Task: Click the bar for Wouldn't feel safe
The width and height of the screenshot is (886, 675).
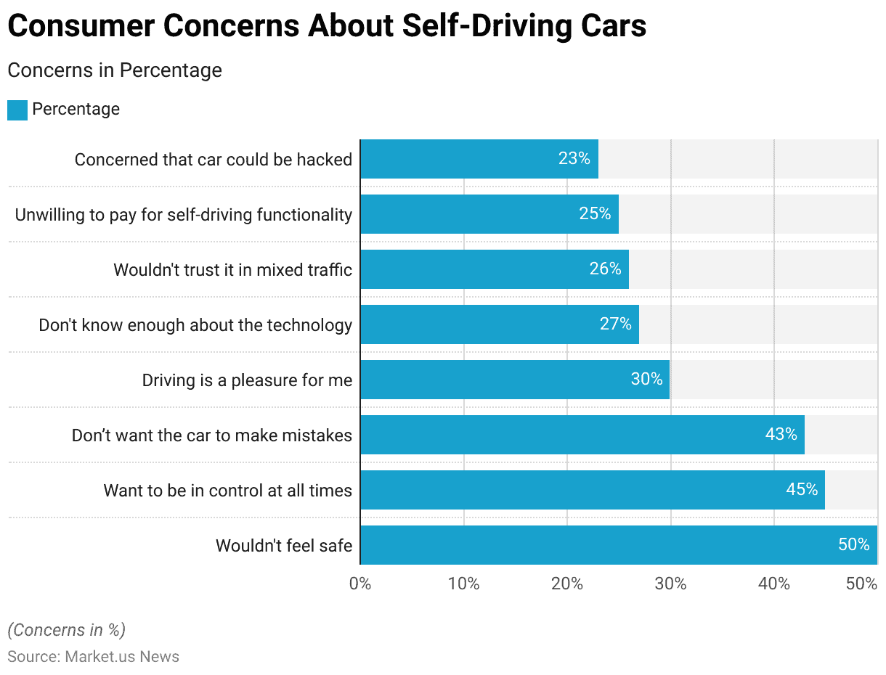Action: pyautogui.click(x=619, y=545)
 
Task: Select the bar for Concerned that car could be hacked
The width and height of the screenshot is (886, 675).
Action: pyautogui.click(x=479, y=159)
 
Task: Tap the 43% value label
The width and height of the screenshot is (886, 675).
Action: pyautogui.click(x=781, y=434)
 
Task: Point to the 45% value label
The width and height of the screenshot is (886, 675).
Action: pyautogui.click(x=802, y=489)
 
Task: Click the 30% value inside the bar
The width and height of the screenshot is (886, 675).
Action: pyautogui.click(x=646, y=379)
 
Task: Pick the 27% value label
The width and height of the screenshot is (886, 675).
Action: pyautogui.click(x=615, y=324)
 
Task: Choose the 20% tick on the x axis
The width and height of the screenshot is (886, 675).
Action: pyautogui.click(x=567, y=584)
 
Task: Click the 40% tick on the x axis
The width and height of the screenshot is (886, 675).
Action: pyautogui.click(x=774, y=584)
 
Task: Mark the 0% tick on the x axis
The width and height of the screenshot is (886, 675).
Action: pyautogui.click(x=360, y=584)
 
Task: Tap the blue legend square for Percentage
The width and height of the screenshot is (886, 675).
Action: pyautogui.click(x=17, y=110)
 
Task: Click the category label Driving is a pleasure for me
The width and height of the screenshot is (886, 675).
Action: pyautogui.click(x=247, y=380)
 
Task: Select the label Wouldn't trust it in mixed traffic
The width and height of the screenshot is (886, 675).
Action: pyautogui.click(x=232, y=270)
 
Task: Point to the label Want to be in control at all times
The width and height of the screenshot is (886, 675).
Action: pyautogui.click(x=227, y=490)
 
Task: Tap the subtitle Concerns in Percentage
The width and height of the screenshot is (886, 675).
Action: pyautogui.click(x=114, y=70)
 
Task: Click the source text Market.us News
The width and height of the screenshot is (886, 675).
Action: pyautogui.click(x=122, y=656)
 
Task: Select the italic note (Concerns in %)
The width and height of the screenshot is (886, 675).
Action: pyautogui.click(x=66, y=629)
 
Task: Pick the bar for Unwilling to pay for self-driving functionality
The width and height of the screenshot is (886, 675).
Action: pyautogui.click(x=489, y=214)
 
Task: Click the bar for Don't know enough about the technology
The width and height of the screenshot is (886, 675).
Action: pyautogui.click(x=500, y=324)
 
